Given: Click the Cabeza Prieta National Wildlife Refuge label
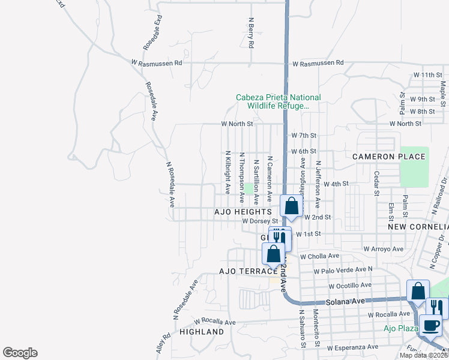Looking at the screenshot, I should pos(278,101).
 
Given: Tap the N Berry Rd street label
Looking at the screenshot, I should pos(252,32).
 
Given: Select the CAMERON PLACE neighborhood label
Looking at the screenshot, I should pos(388,157).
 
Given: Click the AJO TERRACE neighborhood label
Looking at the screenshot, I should pos(233,271).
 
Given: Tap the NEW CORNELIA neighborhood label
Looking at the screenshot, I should pos(418,227).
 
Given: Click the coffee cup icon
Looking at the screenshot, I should pos(431,326).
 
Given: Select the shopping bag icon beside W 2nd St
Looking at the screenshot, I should pos(291,206).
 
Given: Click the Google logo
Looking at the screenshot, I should pos(20,353).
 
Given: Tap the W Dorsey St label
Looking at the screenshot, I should pos(262,221).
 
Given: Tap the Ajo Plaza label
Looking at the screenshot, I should pos(401,328).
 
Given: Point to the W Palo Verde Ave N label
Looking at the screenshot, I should pos(345,269).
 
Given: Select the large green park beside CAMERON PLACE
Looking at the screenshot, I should pos(414,166).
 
